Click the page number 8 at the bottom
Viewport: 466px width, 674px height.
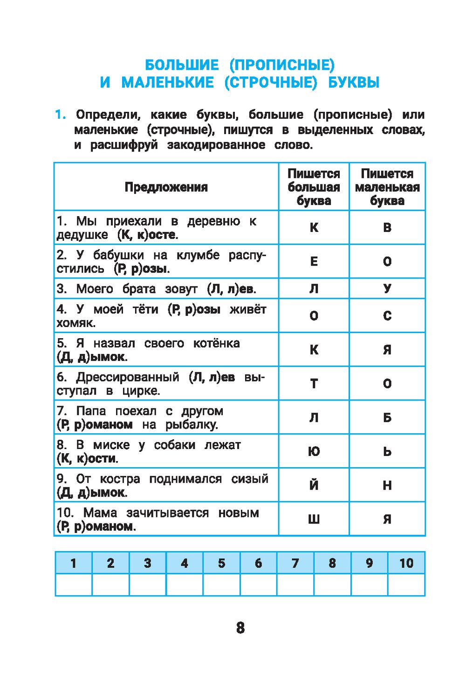point(240,627)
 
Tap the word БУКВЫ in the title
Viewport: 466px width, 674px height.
point(354,82)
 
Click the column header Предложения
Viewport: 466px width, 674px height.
point(166,187)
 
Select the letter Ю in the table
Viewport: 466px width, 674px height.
point(314,451)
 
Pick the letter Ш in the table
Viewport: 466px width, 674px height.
point(314,519)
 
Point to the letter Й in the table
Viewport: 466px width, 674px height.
point(314,485)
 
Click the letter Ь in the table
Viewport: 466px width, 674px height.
point(387,451)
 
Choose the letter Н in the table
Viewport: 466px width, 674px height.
point(387,485)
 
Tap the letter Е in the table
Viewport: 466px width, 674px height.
point(314,261)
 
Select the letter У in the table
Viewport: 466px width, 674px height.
point(387,289)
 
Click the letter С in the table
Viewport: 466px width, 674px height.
point(387,316)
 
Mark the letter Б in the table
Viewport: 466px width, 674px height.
point(387,417)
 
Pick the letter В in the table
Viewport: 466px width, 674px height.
point(387,228)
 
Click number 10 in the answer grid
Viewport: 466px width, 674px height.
point(406,563)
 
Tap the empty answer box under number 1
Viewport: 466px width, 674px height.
point(74,585)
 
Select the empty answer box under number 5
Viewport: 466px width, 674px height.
point(221,585)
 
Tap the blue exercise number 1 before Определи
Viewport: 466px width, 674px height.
point(60,115)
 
